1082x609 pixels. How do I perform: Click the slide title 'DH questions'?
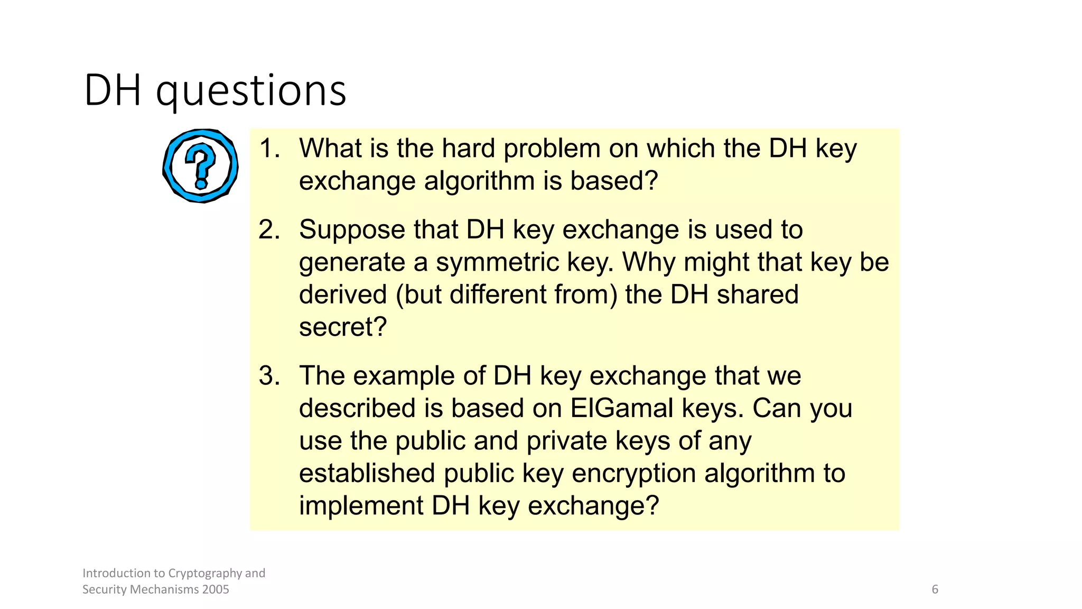pos(215,90)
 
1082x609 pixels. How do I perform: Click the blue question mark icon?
pos(200,166)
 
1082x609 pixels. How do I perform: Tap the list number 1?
pos(268,148)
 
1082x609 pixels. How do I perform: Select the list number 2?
pos(268,229)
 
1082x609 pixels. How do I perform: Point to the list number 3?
pos(268,376)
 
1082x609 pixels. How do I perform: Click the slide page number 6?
pos(935,589)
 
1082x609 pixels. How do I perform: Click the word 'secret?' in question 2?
pos(343,327)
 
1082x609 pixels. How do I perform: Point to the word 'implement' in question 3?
pos(361,506)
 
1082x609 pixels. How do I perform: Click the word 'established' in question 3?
pos(367,473)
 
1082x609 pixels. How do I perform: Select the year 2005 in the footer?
pos(216,589)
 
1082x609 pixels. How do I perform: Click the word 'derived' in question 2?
pos(343,294)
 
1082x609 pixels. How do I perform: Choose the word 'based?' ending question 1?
pos(614,181)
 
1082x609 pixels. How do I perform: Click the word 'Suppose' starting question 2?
pos(352,229)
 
